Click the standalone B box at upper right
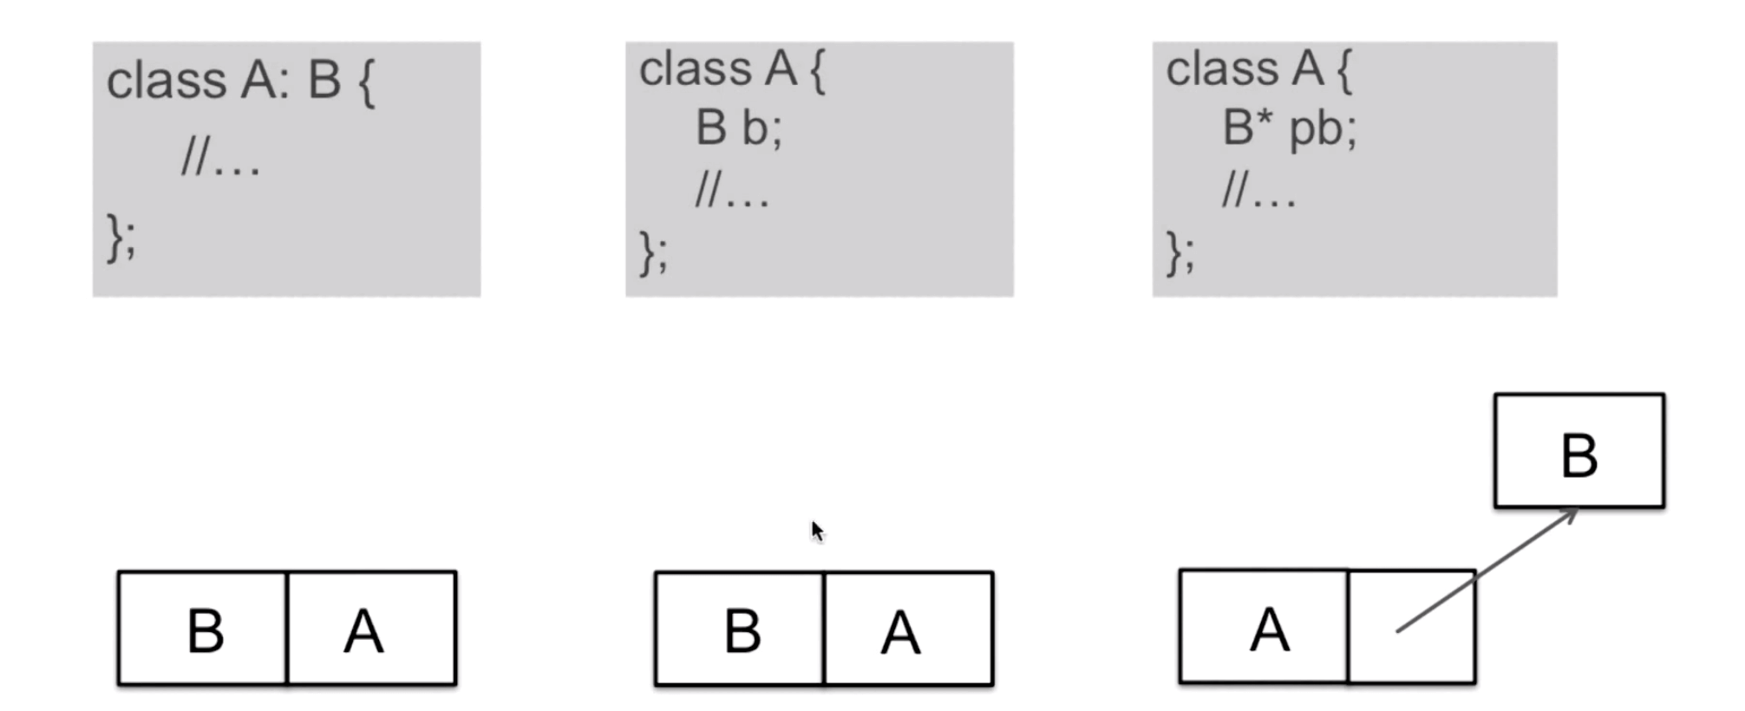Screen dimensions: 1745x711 coord(1579,451)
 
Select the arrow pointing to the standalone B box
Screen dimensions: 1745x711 coord(1487,571)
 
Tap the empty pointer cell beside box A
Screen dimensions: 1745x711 coord(1412,627)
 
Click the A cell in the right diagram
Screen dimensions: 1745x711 coord(1265,627)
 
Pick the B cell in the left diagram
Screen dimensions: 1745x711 coord(203,629)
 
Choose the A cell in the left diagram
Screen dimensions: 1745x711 coord(372,629)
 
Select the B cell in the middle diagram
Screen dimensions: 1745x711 coord(740,629)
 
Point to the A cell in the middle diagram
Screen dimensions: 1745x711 coord(909,629)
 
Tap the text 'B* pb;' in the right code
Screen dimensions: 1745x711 coord(1290,128)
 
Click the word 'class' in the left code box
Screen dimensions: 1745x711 coord(167,81)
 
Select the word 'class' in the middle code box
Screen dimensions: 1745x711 coord(696,68)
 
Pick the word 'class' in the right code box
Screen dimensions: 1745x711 coord(1222,68)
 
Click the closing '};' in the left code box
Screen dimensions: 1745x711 coord(121,238)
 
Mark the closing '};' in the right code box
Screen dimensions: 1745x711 coord(1180,253)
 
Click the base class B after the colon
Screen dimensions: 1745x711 coord(324,81)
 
